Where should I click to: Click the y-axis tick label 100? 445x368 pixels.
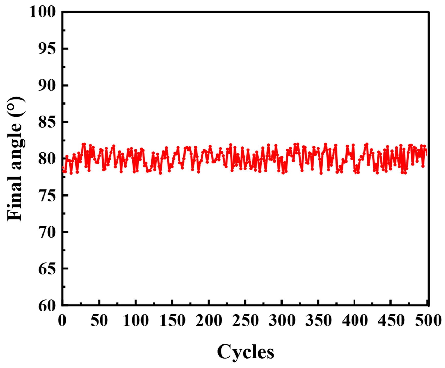coord(42,12)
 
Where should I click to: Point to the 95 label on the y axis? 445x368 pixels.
coord(47,49)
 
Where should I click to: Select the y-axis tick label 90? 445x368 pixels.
coord(47,85)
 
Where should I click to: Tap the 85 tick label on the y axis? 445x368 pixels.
coord(47,122)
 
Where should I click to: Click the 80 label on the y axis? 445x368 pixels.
coord(47,159)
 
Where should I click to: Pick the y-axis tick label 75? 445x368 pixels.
coord(47,195)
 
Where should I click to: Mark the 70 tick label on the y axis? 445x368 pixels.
coord(47,232)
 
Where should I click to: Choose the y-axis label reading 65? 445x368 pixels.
coord(47,269)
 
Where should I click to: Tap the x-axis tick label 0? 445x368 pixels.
coord(62,320)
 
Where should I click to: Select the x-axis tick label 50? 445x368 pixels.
coord(99,320)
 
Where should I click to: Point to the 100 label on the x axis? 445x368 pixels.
coord(136,320)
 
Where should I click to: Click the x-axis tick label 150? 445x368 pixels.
coord(172,320)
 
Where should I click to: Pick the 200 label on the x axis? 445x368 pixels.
coord(209,320)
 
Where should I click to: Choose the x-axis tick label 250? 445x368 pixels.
coord(245,320)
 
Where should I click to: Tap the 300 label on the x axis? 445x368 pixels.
coord(282,320)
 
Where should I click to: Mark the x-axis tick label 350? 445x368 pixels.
coord(319,320)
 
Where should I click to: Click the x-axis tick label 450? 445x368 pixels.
coord(392,320)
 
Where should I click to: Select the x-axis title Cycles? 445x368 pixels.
coord(245,352)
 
